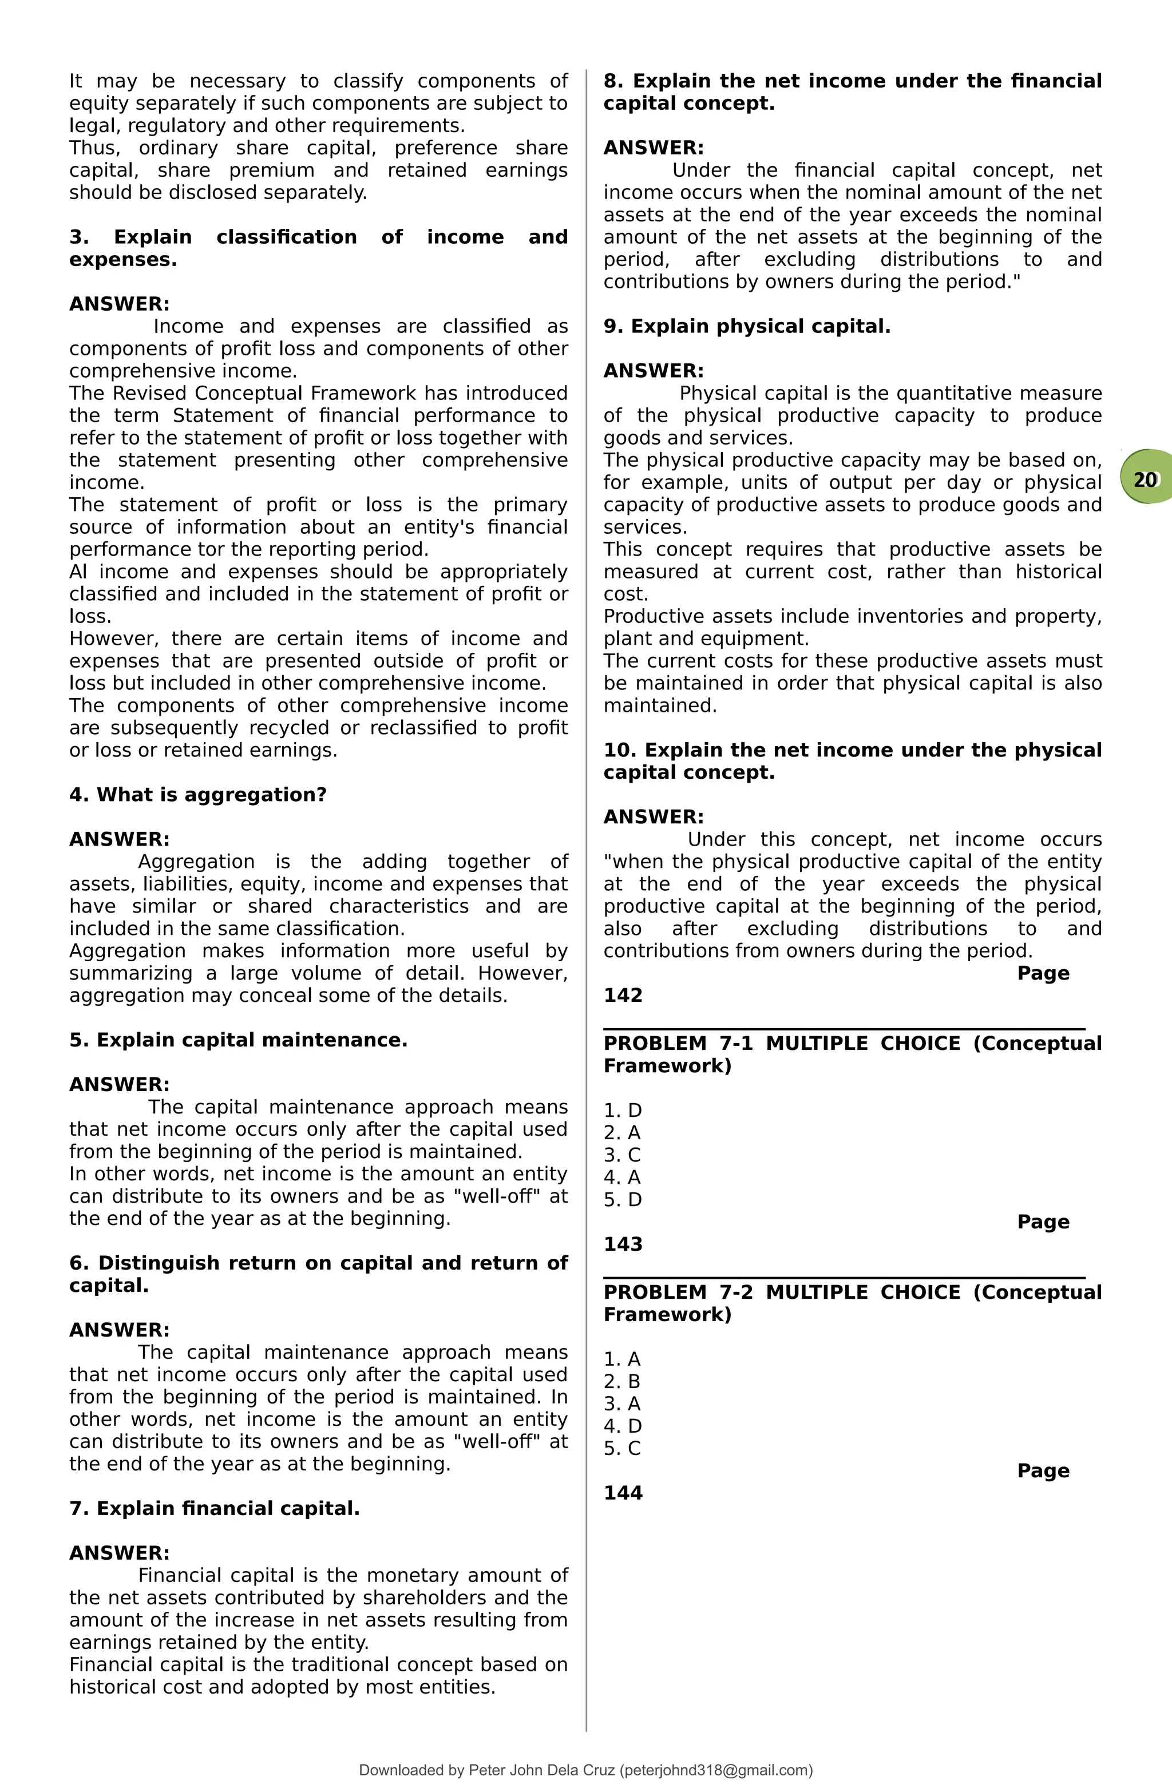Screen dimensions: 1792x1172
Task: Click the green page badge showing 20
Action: [x=1145, y=479]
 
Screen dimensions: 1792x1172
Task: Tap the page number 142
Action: [x=623, y=996]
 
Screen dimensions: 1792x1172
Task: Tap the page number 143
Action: [x=623, y=1244]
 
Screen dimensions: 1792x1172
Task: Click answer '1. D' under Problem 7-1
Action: [x=622, y=1110]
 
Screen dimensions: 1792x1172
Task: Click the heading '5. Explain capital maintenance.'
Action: [x=238, y=1040]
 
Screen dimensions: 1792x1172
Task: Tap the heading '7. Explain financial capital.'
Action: [x=214, y=1508]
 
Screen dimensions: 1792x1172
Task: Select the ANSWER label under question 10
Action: [x=653, y=817]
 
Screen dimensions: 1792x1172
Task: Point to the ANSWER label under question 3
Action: [x=119, y=304]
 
